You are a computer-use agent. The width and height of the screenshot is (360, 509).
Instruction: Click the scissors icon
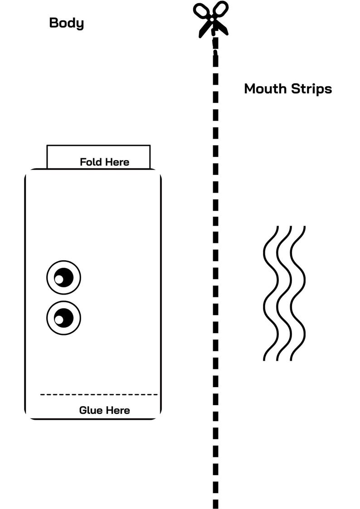pyautogui.click(x=211, y=19)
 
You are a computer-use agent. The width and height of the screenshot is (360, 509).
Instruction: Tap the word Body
pyautogui.click(x=67, y=23)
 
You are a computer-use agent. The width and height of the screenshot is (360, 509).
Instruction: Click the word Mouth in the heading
pyautogui.click(x=266, y=89)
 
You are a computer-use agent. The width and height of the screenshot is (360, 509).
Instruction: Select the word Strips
pyautogui.click(x=311, y=89)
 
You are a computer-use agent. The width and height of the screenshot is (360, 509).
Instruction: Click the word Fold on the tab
pyautogui.click(x=90, y=162)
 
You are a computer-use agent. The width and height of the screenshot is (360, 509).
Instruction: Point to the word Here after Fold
pyautogui.click(x=116, y=162)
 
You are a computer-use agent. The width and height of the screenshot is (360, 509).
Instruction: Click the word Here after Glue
pyautogui.click(x=117, y=410)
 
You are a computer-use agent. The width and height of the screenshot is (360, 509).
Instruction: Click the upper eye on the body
pyautogui.click(x=63, y=277)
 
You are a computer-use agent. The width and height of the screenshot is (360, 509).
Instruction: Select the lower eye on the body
pyautogui.click(x=63, y=318)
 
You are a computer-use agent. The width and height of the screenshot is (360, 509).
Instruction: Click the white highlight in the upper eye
pyautogui.click(x=59, y=279)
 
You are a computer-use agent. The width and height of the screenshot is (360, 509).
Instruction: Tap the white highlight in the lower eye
pyautogui.click(x=59, y=320)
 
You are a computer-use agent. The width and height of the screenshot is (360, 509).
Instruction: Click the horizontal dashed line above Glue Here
pyautogui.click(x=99, y=394)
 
